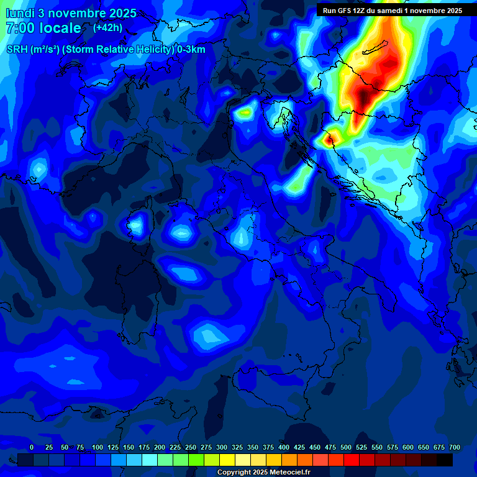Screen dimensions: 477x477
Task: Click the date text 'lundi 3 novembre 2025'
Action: click(71, 13)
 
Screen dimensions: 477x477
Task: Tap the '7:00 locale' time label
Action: click(43, 28)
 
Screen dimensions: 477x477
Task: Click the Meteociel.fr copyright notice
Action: click(263, 473)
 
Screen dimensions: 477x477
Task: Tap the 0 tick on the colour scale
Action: click(32, 448)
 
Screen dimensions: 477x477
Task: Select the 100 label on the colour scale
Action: click(97, 448)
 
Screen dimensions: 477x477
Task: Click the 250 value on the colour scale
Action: click(191, 448)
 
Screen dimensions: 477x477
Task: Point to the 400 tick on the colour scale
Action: click(284, 448)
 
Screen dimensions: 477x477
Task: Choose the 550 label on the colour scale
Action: click(377, 448)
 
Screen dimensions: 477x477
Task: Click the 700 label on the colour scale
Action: click(454, 448)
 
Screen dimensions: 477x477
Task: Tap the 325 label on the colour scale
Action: click(237, 448)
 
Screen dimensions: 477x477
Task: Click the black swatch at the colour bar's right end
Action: click(445, 460)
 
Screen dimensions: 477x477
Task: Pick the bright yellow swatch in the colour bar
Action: click(227, 460)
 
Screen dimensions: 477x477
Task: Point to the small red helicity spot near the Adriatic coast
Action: click(329, 138)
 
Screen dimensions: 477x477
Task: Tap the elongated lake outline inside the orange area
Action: click(376, 48)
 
